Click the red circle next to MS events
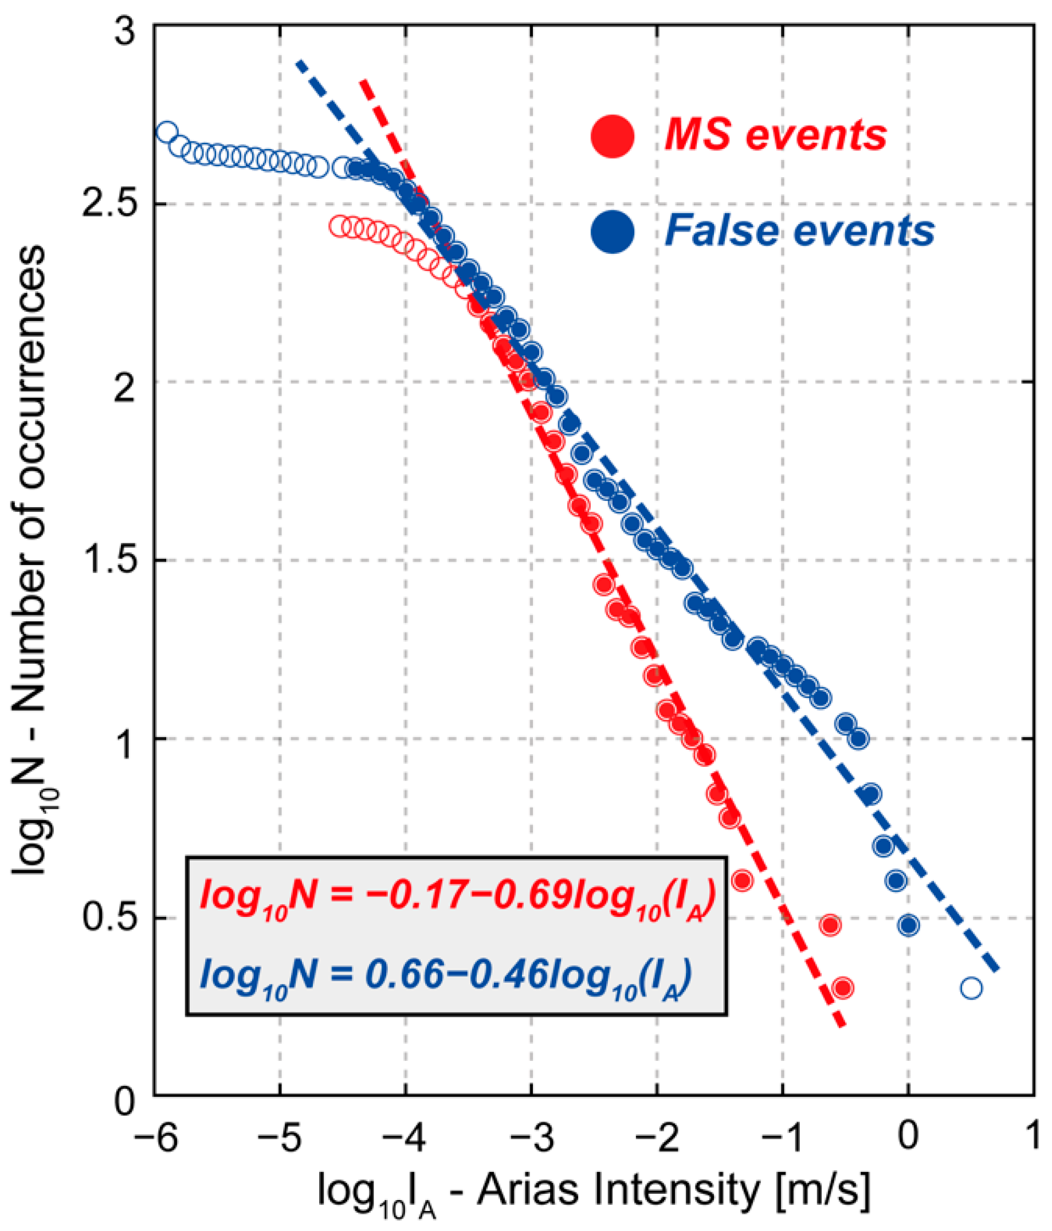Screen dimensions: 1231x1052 (613, 136)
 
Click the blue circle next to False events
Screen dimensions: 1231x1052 (613, 232)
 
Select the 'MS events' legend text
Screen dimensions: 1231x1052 (775, 135)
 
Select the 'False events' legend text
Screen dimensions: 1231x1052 (799, 231)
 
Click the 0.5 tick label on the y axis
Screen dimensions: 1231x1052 (111, 918)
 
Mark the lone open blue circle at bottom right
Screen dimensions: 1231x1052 (971, 988)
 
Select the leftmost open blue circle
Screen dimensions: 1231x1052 (167, 132)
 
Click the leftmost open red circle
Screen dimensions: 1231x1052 (339, 226)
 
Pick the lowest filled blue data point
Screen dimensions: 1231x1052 (909, 925)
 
